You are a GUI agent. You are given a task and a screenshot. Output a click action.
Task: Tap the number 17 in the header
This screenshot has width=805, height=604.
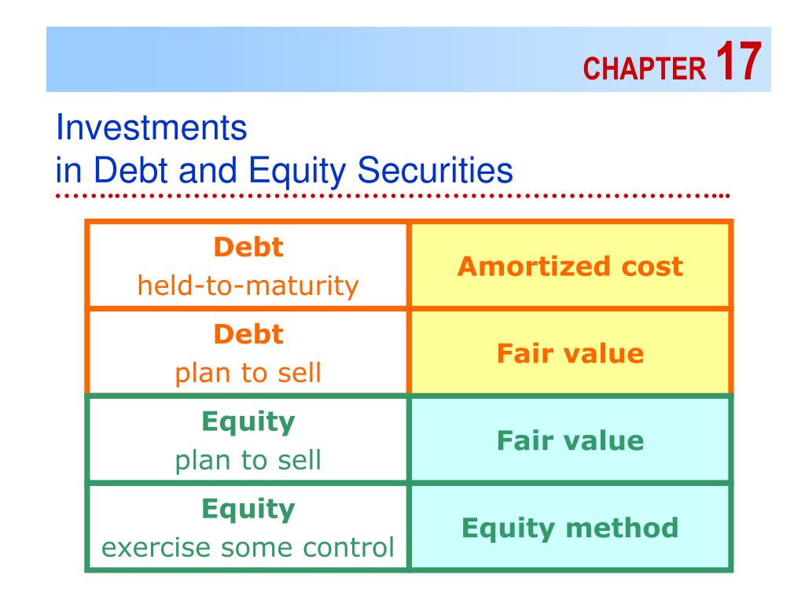pos(738,63)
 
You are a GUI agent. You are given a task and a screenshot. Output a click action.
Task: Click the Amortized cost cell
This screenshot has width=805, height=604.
pos(570,267)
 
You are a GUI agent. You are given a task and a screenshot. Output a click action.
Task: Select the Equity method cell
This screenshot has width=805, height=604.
pos(570,527)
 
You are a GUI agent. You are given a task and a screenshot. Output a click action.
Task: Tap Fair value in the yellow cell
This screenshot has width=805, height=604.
pos(570,354)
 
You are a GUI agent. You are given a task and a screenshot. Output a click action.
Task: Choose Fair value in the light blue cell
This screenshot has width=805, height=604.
pos(570,440)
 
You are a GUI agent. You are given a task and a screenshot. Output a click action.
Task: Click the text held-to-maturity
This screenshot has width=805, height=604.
pos(248,285)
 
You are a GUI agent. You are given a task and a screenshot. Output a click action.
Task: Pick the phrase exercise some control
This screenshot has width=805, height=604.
pos(248,547)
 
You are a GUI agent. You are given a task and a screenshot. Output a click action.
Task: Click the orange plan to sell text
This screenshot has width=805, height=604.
pos(248,372)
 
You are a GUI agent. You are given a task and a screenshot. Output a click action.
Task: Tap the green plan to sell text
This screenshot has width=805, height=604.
pos(248,459)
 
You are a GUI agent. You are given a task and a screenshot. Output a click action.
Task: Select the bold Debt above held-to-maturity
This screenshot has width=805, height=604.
pos(248,247)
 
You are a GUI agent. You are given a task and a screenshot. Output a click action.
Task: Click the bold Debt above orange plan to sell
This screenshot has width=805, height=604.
pos(248,334)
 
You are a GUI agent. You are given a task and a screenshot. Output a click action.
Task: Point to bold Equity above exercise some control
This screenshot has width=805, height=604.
pos(248,509)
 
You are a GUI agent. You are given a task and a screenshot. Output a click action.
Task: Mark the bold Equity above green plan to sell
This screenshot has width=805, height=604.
pos(248,422)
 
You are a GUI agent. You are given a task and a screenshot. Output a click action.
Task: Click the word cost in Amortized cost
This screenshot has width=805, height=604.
pos(649,267)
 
